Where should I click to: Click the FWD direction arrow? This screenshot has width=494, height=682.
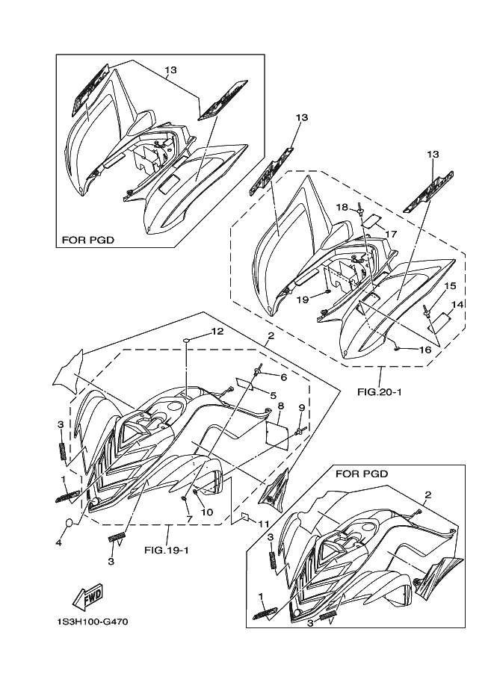pos(87,595)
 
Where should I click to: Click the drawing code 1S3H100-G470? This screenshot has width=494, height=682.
pos(92,622)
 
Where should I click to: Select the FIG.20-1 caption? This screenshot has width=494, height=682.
pos(380,392)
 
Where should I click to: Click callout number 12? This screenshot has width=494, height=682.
pos(217,332)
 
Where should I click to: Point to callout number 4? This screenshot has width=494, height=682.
pos(58,542)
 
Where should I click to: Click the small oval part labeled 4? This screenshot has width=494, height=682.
pos(70,523)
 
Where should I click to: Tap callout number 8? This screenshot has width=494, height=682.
pos(281,406)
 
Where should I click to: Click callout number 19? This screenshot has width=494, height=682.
pos(303,300)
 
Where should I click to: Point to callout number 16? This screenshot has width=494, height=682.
pos(425,350)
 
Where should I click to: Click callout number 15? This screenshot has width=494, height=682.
pos(450,286)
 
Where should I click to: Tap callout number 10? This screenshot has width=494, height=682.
pos(207,512)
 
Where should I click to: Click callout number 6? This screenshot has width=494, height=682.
pos(283,377)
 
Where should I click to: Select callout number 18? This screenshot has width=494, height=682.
pos(342,207)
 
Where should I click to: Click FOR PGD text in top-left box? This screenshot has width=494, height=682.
pos(88,240)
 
